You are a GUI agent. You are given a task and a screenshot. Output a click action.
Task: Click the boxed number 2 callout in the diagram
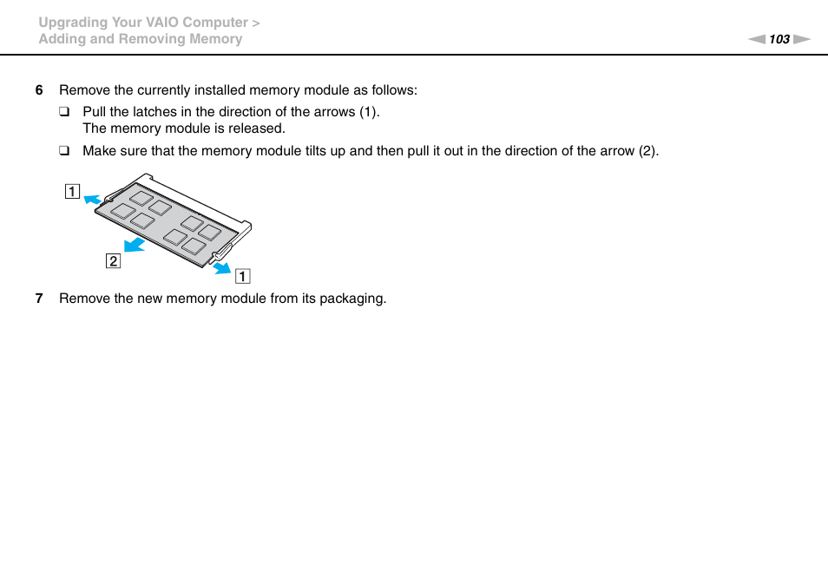[113, 260]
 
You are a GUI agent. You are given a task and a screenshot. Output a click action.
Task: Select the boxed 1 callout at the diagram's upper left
[69, 192]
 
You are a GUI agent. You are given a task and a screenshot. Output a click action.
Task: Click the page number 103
[779, 39]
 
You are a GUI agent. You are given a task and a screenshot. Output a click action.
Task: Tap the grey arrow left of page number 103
[758, 39]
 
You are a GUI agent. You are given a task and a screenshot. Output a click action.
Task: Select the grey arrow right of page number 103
[801, 39]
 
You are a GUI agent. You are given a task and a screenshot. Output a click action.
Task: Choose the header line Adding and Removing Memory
[140, 39]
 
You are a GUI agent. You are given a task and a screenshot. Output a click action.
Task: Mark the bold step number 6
[38, 90]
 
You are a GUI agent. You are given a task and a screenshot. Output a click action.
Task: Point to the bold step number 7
[38, 299]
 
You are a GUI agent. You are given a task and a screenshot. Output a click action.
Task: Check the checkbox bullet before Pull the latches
[63, 112]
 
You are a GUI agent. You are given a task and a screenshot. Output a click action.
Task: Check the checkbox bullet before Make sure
[63, 151]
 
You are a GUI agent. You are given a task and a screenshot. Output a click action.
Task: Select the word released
[258, 128]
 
